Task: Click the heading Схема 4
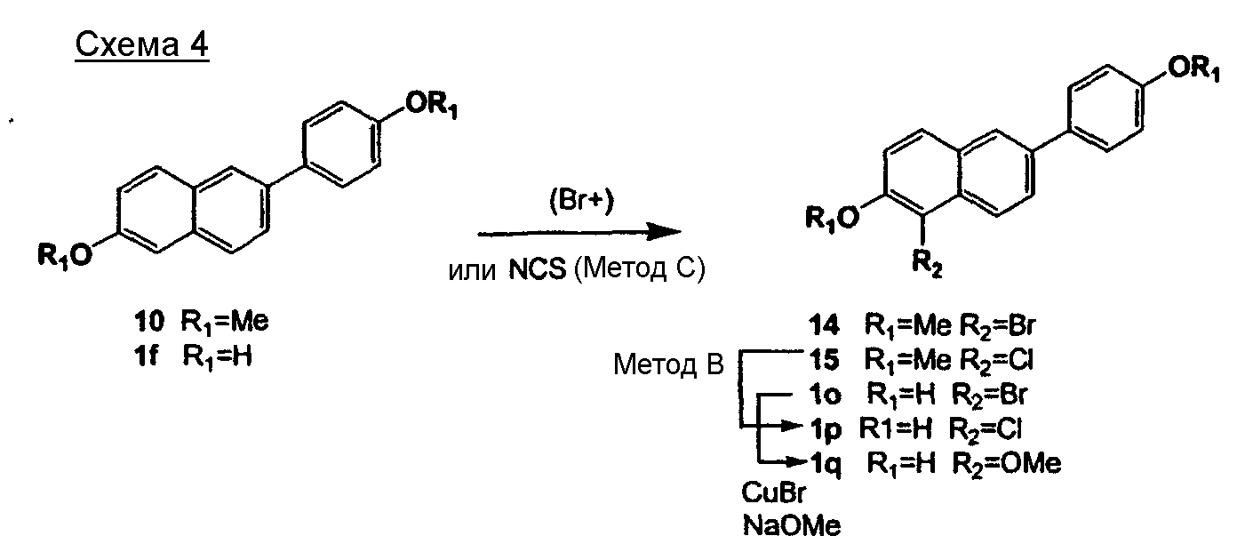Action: [142, 45]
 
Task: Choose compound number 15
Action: [827, 363]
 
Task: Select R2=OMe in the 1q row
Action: [1006, 463]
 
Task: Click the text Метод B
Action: [668, 365]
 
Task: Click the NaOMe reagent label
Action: [791, 526]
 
